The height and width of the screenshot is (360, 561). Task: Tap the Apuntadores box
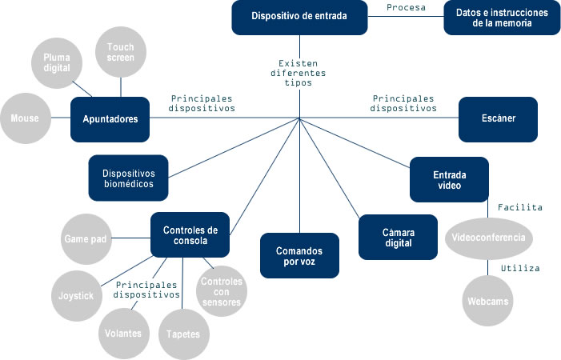[110, 119]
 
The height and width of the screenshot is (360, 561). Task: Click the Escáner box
[497, 119]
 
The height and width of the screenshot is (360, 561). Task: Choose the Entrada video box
[449, 179]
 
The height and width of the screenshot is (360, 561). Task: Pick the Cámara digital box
[398, 237]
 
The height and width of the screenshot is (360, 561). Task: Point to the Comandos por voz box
[299, 255]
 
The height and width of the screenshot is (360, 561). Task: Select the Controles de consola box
[190, 235]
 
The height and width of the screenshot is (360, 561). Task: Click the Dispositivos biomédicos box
[128, 178]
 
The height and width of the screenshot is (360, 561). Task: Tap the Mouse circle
[25, 119]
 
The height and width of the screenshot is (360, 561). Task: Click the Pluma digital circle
[57, 63]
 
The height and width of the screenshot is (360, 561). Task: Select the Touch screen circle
[121, 53]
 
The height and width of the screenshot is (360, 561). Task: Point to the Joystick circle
[76, 295]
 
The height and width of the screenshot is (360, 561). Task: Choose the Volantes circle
[123, 333]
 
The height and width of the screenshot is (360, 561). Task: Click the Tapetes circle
[183, 333]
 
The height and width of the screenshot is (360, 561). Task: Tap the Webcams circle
[489, 302]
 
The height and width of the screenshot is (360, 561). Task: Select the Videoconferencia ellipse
[488, 238]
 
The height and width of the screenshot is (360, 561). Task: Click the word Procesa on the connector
[407, 8]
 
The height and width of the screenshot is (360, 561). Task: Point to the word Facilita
[520, 207]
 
